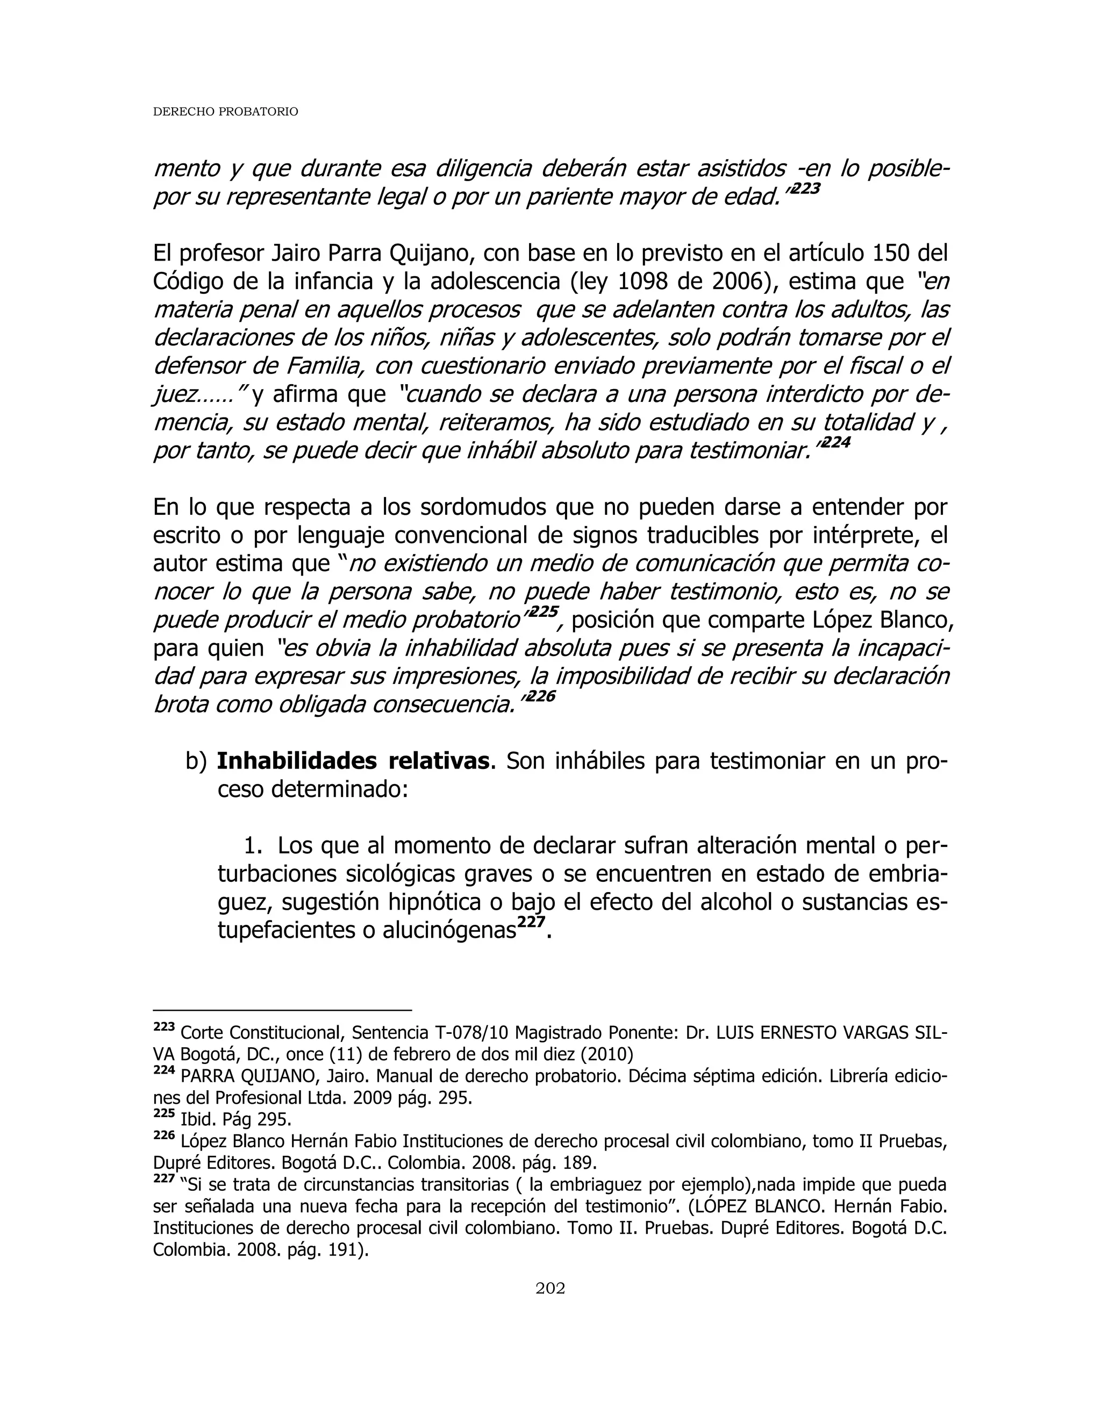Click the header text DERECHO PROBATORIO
(x=225, y=112)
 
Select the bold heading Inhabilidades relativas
(x=353, y=761)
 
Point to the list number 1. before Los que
(x=253, y=846)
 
